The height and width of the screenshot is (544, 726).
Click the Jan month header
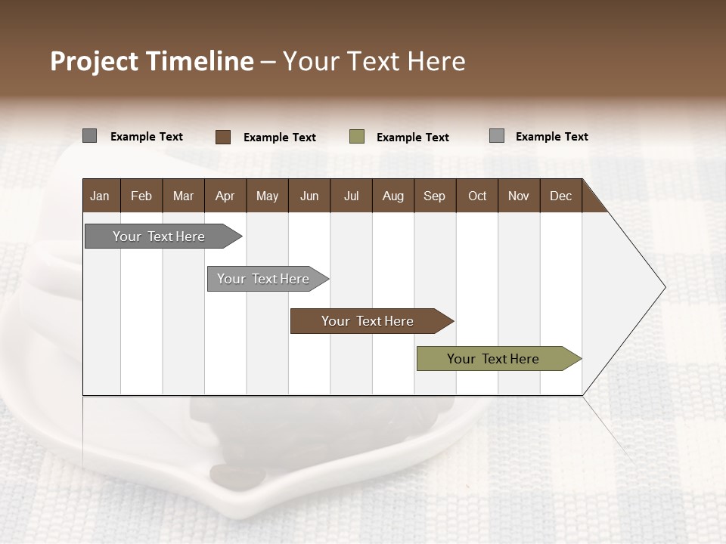100,196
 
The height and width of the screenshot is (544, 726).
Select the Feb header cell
141,196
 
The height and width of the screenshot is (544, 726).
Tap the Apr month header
225,196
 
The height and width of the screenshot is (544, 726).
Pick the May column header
267,196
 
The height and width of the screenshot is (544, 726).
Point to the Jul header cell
351,196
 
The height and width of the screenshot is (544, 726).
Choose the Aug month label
392,196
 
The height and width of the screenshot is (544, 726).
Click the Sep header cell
434,196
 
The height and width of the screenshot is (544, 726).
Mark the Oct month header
477,196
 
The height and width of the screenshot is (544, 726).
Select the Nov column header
519,196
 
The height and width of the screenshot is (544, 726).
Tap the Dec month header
560,196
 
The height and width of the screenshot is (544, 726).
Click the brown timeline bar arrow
371,321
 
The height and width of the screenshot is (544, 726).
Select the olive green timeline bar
498,359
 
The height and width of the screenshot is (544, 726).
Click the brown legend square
223,137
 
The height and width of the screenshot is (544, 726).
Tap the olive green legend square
357,137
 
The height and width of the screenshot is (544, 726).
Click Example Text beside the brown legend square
280,138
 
